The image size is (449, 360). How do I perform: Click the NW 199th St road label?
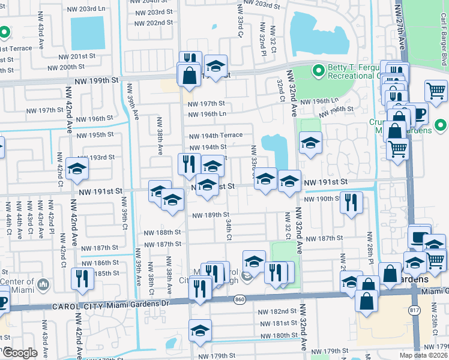(96, 80)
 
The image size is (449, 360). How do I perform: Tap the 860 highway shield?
(240, 299)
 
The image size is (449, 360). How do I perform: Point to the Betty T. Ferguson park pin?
(318, 71)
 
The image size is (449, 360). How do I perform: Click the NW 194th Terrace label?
(215, 136)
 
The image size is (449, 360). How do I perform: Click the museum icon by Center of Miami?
(43, 283)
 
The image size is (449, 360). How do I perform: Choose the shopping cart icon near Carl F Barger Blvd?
(436, 91)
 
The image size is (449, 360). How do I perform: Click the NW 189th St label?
(211, 215)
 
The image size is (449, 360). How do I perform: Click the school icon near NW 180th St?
(200, 329)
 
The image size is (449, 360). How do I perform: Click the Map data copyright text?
(423, 355)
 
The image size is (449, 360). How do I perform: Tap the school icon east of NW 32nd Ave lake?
(310, 143)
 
